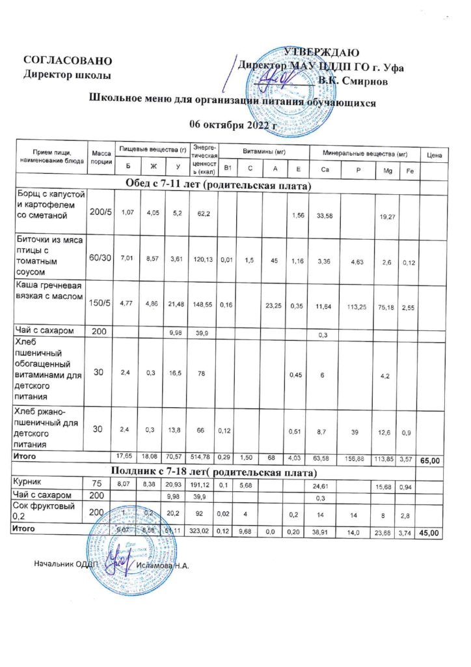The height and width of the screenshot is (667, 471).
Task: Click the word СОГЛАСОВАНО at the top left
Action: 68,61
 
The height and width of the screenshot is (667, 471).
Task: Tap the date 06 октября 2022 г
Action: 232,124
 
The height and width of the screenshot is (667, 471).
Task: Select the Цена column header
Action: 434,155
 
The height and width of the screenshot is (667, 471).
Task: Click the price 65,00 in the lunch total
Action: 433,461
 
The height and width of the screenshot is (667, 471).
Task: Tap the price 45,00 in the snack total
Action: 433,533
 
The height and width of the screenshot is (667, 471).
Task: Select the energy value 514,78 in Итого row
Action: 202,457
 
